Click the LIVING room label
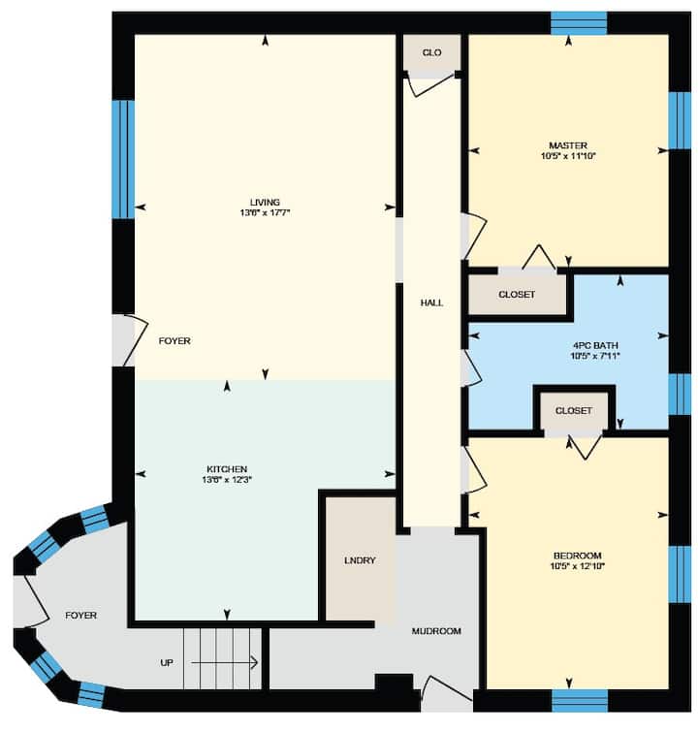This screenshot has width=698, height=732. (x=265, y=202)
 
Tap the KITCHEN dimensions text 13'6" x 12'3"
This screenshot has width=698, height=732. (x=227, y=480)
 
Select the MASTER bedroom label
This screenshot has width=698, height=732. (x=568, y=145)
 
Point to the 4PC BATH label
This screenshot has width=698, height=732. (x=595, y=345)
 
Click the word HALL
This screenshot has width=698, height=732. (x=431, y=302)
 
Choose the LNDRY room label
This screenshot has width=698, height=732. (x=360, y=560)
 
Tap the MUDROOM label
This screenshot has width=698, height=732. (x=436, y=631)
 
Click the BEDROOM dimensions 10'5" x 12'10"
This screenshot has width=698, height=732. (x=578, y=566)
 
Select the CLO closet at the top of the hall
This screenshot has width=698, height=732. (x=431, y=52)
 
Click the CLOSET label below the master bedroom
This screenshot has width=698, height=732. (x=517, y=295)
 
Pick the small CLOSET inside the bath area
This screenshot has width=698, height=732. (x=573, y=410)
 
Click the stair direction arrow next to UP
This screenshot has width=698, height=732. (x=225, y=662)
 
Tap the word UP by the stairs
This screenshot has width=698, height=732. (x=167, y=663)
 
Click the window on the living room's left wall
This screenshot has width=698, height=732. (x=123, y=159)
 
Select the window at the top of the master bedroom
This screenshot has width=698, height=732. (x=579, y=23)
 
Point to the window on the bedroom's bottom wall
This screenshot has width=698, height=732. (x=580, y=700)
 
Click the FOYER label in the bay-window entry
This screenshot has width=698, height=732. (x=80, y=616)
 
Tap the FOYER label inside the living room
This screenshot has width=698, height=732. (x=174, y=341)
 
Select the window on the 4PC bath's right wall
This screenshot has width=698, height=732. (x=680, y=394)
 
